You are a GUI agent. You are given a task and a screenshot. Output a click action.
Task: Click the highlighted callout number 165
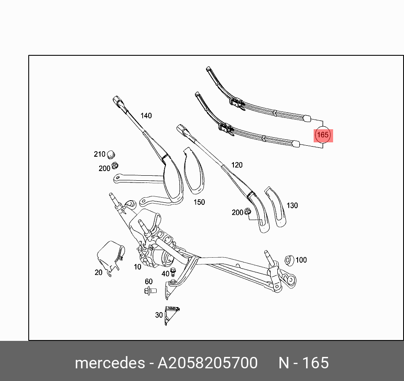pyautogui.click(x=323, y=135)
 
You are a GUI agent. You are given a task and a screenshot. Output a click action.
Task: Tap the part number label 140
pyautogui.click(x=146, y=116)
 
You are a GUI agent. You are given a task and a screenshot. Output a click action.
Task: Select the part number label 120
pyautogui.click(x=237, y=165)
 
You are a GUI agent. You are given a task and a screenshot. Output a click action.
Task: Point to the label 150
pyautogui.click(x=199, y=202)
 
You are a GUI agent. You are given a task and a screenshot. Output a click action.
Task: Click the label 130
pyautogui.click(x=292, y=206)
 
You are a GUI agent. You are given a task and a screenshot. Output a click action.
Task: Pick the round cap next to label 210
pyautogui.click(x=111, y=154)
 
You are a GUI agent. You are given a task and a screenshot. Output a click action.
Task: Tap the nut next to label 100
pyautogui.click(x=289, y=260)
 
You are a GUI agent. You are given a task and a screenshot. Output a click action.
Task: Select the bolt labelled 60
pyautogui.click(x=150, y=291)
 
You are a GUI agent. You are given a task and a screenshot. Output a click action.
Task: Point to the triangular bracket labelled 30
pyautogui.click(x=171, y=314)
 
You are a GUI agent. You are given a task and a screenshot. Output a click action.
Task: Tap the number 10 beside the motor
pyautogui.click(x=138, y=267)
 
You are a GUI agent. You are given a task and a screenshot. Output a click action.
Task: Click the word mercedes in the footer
pyautogui.click(x=108, y=363)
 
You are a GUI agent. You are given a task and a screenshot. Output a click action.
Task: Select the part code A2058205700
pyautogui.click(x=207, y=363)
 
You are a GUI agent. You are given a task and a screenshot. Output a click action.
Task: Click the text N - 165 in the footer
pyautogui.click(x=304, y=363)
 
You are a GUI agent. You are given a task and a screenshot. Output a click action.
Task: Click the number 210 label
pyautogui.click(x=100, y=155)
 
